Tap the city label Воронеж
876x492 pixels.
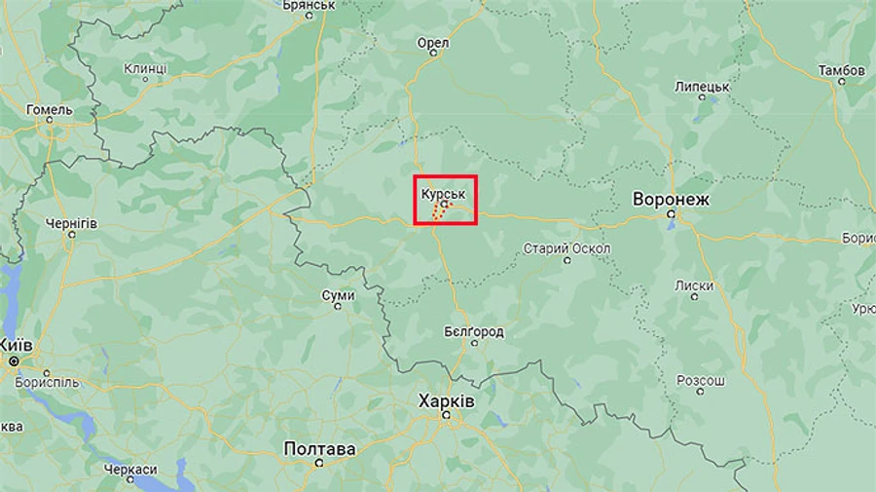point(672,200)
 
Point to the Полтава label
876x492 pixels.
point(319,449)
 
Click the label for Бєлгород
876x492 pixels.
point(473,332)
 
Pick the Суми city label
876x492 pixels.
point(338,294)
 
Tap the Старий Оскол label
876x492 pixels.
point(566,248)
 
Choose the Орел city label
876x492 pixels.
point(432,43)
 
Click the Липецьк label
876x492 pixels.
point(702,87)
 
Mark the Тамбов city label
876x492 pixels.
point(841,71)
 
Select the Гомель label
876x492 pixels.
point(50,110)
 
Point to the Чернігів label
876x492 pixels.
point(71,223)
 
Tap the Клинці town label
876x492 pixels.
point(145,69)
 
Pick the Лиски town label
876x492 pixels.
point(693,285)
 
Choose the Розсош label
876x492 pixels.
point(701,379)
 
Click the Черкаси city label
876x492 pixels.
point(130,470)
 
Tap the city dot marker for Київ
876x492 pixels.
point(15,361)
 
